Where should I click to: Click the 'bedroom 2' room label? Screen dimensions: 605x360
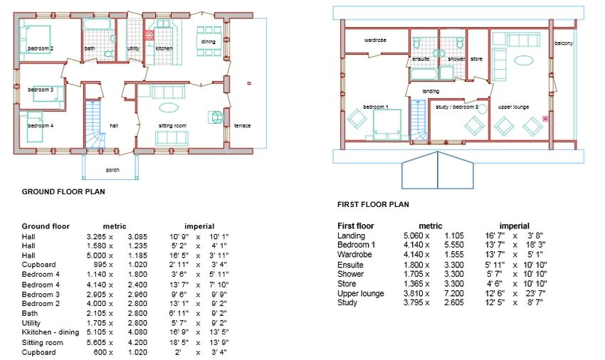[41, 48]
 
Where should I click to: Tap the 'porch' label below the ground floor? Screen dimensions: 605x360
[112, 170]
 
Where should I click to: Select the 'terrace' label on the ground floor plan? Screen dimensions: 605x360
[242, 126]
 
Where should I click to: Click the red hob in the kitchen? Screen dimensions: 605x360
[149, 35]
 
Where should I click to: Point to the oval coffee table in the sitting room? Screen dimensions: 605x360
[169, 107]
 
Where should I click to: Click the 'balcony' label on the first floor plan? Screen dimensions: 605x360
[564, 43]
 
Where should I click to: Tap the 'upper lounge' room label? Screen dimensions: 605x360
[513, 107]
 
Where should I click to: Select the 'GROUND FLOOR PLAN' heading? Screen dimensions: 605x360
[63, 192]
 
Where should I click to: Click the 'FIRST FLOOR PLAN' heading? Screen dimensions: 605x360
[373, 204]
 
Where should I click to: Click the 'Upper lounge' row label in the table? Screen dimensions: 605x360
[361, 293]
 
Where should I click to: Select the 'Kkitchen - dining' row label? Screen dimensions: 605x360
[50, 332]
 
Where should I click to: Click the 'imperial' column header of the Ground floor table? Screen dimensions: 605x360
[199, 226]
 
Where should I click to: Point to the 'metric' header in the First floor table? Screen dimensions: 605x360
[431, 226]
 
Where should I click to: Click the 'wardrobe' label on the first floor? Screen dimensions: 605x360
[375, 40]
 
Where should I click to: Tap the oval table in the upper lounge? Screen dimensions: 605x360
[524, 60]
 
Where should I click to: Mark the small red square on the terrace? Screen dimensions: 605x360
[249, 83]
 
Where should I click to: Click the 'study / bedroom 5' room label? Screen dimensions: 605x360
[457, 107]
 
